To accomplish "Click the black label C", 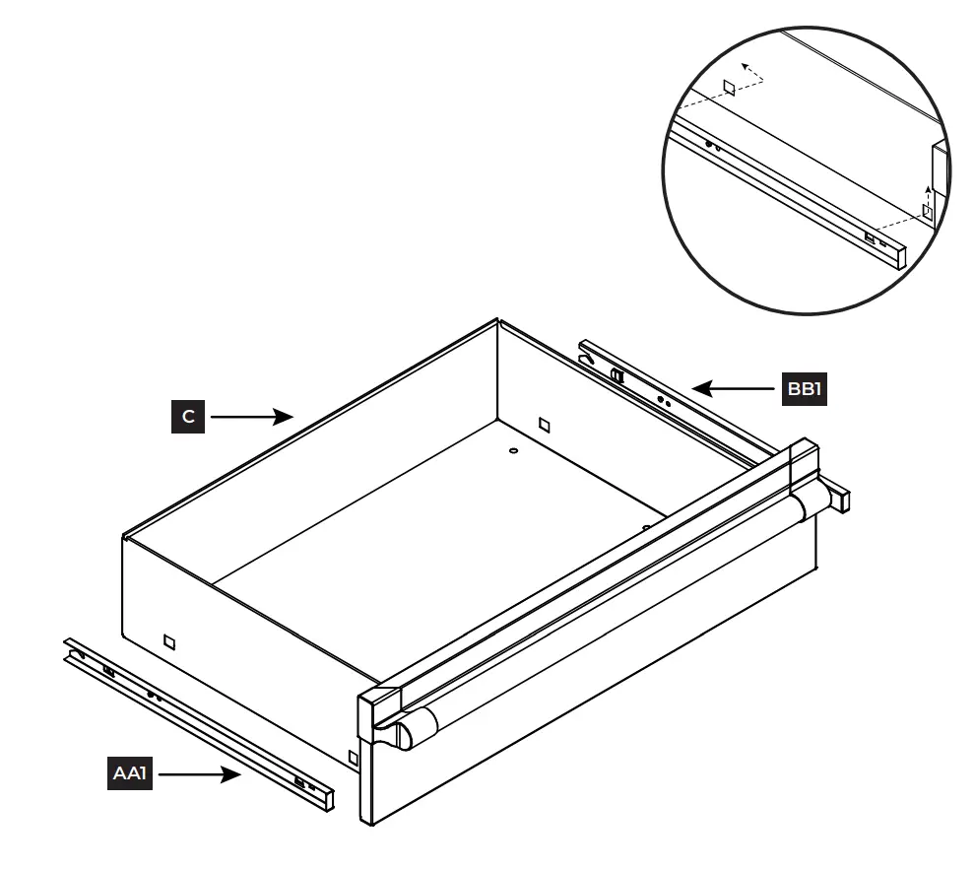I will [x=188, y=417].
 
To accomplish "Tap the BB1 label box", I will [x=803, y=389].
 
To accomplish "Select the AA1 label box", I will [x=129, y=774].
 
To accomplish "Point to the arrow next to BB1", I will [x=734, y=389].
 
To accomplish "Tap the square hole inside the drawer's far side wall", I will [x=544, y=424].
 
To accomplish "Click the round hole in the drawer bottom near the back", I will [x=513, y=450].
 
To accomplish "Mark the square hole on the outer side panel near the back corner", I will [x=170, y=642].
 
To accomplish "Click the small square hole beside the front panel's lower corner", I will [x=354, y=757].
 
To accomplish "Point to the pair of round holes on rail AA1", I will [x=154, y=697].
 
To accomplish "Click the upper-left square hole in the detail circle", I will [x=729, y=88].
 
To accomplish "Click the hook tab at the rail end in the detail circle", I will [x=871, y=237].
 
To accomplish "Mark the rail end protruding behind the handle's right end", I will [x=838, y=498].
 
